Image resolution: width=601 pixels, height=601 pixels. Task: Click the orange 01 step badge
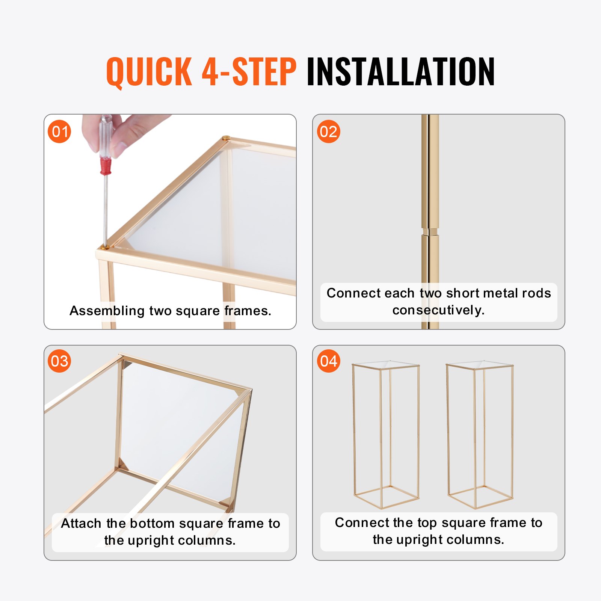(x=59, y=132)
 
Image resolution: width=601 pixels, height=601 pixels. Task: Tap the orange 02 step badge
(x=328, y=132)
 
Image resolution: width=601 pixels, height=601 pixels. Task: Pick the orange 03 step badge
(x=59, y=361)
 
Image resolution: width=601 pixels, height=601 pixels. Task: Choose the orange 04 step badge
(x=328, y=361)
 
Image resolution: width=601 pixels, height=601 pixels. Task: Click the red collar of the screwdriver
(x=106, y=166)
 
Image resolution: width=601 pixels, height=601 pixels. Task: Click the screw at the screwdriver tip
(x=106, y=248)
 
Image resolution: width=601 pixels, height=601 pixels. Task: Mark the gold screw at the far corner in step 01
(x=225, y=138)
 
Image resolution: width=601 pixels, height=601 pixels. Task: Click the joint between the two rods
(x=430, y=231)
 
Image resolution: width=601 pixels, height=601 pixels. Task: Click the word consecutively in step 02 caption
(x=438, y=310)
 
